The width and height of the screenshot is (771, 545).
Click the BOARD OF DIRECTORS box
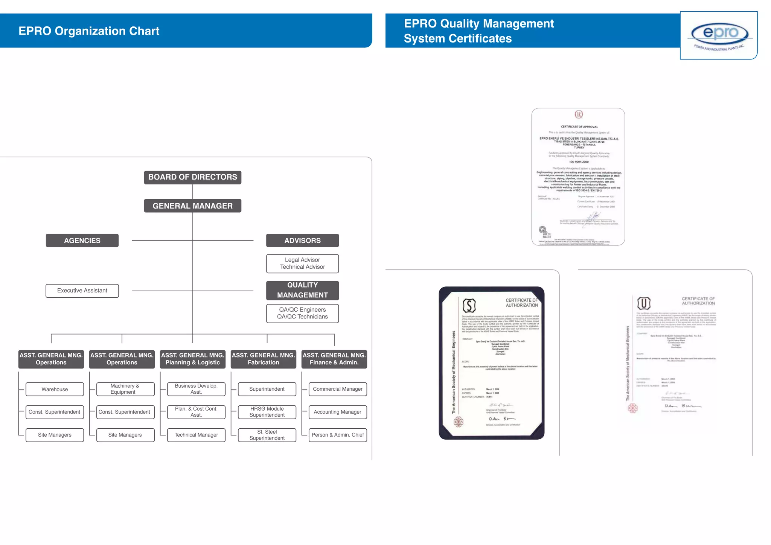(192, 177)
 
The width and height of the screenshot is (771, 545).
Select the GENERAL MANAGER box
(192, 206)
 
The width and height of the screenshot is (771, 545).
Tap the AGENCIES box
(82, 241)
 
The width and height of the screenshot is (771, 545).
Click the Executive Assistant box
(82, 291)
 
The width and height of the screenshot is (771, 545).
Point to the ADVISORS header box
(302, 241)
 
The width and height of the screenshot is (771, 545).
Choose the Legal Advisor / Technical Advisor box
(302, 263)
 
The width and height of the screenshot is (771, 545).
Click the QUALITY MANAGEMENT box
(302, 290)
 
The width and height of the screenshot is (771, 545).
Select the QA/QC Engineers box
(302, 313)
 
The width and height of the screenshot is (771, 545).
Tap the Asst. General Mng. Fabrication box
(263, 359)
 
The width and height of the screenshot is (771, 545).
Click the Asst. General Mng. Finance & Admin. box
(334, 359)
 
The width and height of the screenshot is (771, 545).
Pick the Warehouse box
(55, 389)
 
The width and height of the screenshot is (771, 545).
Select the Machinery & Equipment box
(125, 389)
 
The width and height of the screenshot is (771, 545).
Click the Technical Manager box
(196, 435)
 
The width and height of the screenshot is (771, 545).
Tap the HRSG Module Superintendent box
(267, 412)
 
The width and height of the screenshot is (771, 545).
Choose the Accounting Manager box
(338, 412)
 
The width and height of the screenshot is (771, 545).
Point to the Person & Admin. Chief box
(338, 435)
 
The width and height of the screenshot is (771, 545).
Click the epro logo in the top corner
(719, 35)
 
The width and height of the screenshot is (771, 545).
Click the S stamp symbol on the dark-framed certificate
(469, 305)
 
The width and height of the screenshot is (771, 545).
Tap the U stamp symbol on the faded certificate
(644, 303)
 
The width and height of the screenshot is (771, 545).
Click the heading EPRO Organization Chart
(89, 31)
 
